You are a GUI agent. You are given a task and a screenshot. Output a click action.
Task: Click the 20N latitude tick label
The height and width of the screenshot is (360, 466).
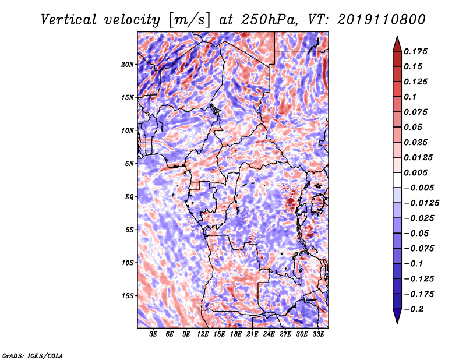point(127,65)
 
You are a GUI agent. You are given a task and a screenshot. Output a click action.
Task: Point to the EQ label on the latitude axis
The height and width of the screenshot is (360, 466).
point(129,197)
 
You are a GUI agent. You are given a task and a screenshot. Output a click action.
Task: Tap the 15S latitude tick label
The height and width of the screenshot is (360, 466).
point(127,296)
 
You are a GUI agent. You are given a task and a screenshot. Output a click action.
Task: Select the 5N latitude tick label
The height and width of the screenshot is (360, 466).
point(129,164)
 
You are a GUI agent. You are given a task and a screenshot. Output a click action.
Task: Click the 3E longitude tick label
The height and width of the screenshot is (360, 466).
point(153,334)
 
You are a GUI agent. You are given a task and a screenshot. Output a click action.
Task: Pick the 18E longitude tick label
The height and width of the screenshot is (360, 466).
point(235,334)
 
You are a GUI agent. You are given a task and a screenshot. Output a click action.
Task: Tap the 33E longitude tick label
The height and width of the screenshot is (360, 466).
point(318,334)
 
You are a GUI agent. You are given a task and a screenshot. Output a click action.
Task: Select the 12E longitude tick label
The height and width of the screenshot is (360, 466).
point(202,334)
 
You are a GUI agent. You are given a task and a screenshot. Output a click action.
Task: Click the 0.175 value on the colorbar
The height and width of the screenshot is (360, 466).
point(415,51)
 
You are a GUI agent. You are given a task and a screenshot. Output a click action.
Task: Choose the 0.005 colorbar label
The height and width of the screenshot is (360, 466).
point(415,172)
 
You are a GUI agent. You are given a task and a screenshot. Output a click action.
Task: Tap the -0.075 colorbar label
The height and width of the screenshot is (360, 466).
point(419,249)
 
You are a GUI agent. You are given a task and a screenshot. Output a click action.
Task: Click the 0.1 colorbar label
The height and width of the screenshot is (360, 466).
point(410,97)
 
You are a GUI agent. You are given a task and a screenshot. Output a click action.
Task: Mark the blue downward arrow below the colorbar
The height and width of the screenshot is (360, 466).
point(397,316)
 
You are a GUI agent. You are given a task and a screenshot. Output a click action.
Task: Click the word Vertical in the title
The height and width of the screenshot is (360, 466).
point(69,20)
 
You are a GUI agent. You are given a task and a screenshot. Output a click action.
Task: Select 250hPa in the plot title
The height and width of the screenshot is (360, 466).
point(269,20)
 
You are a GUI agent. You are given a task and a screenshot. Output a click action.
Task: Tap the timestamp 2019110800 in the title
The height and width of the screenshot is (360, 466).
point(382,20)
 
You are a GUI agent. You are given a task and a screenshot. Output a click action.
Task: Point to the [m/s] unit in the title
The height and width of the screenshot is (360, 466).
point(189,20)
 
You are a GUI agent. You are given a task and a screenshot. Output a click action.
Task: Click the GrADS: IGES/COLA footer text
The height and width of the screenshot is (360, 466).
point(33,355)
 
